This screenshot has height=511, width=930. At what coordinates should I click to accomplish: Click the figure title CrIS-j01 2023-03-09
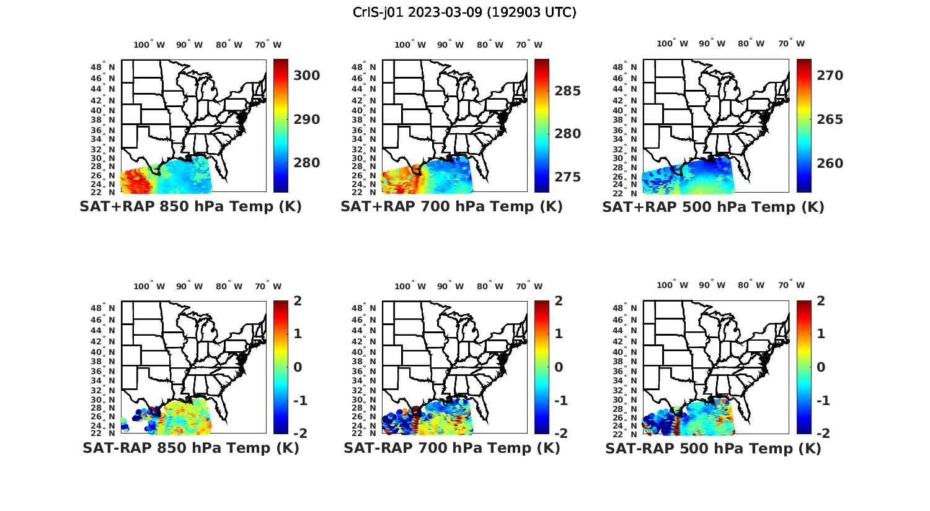464,12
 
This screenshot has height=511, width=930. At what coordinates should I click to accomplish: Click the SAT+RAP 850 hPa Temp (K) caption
190,207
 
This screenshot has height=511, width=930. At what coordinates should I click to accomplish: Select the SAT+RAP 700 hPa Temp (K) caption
451,207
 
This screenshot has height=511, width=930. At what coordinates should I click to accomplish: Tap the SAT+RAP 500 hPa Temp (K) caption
713,207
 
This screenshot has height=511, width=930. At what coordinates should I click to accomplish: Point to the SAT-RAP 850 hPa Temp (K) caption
190,448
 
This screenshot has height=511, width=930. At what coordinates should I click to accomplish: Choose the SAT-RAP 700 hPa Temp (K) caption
452,448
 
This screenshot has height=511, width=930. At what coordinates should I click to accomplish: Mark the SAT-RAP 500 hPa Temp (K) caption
713,448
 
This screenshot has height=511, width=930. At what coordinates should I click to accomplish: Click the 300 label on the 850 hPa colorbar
306,76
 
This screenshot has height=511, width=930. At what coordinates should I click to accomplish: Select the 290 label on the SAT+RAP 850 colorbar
306,120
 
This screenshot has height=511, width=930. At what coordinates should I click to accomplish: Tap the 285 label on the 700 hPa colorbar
568,91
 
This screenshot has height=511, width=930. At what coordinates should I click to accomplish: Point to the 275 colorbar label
568,177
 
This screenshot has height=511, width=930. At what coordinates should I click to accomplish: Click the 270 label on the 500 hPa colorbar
830,76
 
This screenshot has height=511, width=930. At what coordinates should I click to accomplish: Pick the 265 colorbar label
830,120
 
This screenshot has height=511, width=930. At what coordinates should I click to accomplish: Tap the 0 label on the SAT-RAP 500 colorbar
821,367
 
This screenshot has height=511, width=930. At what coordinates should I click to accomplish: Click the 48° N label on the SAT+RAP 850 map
103,67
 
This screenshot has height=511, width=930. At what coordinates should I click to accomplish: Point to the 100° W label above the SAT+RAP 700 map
410,45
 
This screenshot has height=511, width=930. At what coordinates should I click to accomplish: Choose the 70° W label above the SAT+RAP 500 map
791,43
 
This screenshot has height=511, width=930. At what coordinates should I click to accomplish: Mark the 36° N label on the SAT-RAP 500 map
625,372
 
